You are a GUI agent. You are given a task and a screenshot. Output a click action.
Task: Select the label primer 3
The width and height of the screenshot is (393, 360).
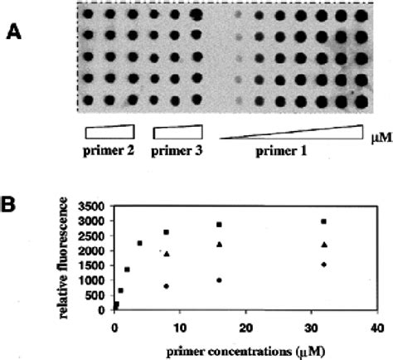click(x=177, y=152)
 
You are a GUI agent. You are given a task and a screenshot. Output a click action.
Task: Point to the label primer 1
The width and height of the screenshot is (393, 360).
click(x=289, y=153)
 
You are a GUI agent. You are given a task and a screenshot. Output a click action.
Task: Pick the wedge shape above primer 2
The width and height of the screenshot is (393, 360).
click(x=109, y=132)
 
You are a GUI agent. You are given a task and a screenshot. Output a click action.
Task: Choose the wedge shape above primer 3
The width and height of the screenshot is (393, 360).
click(x=177, y=132)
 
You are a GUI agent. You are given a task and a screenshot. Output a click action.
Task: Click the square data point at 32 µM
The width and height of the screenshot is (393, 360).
click(x=323, y=221)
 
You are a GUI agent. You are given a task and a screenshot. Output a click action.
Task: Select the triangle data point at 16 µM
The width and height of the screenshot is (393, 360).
click(x=219, y=244)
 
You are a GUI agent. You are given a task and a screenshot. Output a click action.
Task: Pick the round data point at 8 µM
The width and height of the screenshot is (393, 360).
click(x=167, y=286)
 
